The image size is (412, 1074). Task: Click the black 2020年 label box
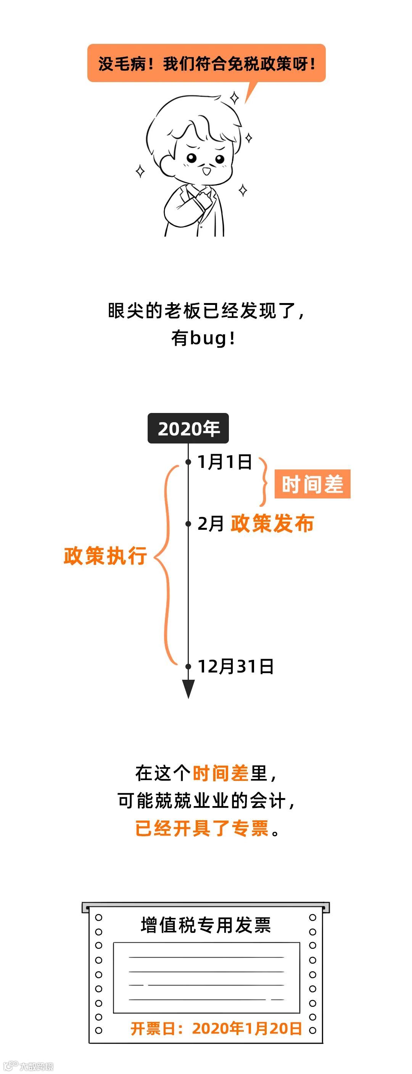pos(188,428)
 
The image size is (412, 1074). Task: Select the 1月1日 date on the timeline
pos(225,462)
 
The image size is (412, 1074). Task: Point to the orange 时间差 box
pos(312,484)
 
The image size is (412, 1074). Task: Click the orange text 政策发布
pos(272,524)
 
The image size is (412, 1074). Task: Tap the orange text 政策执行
pos(105,556)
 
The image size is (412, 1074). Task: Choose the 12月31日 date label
pos(235,666)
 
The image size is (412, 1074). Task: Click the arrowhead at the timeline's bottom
pos(188,688)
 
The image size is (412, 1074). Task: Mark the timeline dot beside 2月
pos(188,524)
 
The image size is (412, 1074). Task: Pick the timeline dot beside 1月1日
pos(188,462)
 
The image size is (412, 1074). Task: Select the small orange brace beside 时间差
pos(264,482)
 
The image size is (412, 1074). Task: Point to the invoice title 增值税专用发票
pos(206,925)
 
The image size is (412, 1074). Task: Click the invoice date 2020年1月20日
pos(246,1029)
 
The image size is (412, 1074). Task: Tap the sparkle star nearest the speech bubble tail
pos(235,98)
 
